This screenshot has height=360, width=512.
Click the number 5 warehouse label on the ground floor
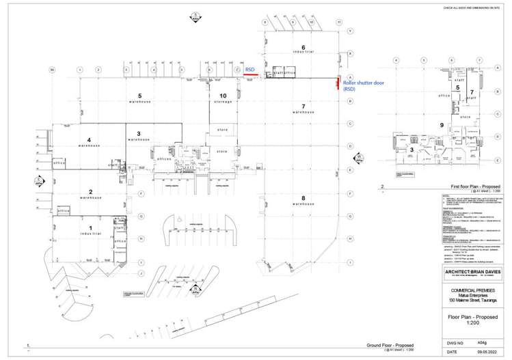click(139, 96)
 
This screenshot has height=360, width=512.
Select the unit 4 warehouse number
click(89, 139)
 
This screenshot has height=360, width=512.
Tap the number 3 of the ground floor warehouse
click(139, 133)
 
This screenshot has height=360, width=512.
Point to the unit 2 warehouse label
click(90, 192)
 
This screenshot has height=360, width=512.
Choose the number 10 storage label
click(223, 96)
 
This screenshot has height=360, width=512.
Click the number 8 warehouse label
click(303, 198)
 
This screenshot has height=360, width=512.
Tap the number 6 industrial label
click(303, 46)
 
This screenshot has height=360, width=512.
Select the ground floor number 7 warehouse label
click(303, 106)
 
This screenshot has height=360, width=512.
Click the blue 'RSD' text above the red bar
click(250, 69)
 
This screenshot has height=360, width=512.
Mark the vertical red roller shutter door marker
click(337, 83)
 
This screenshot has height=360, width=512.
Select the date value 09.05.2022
click(476, 352)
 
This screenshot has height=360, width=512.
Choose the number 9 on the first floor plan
click(442, 125)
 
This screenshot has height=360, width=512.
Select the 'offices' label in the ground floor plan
click(164, 158)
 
